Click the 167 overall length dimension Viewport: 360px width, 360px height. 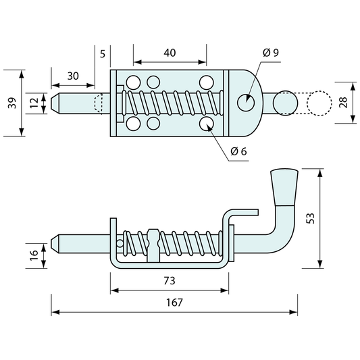point(174,303)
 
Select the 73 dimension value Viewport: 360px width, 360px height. point(170,280)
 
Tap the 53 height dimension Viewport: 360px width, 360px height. point(310,218)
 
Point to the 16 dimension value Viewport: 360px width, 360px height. point(34,255)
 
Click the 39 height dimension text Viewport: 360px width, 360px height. point(12,103)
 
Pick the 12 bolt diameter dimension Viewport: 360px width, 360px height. point(34,103)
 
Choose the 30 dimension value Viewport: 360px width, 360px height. point(73,76)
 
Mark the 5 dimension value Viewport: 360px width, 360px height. point(103,54)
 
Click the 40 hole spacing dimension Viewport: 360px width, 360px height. point(170,53)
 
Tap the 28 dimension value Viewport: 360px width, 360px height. point(343,103)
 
